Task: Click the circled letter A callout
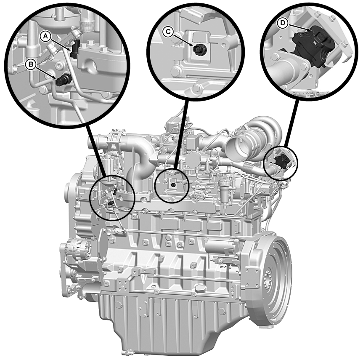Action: point(45,36)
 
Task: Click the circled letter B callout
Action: point(31,64)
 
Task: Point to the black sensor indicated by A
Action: point(75,49)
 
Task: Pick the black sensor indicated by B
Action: point(63,80)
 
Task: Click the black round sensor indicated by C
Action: point(199,49)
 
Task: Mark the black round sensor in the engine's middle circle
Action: point(172,185)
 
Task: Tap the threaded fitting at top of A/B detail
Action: point(87,22)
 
